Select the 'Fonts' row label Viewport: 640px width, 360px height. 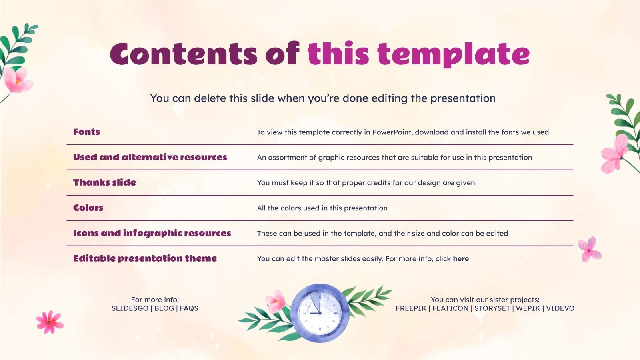[86, 132]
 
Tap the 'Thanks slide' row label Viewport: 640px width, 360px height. [104, 182]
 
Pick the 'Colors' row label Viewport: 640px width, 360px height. [88, 208]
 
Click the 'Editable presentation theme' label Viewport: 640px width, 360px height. [145, 258]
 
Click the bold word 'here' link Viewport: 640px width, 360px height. [461, 259]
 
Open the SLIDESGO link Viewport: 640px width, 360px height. [130, 308]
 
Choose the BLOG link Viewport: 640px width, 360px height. [164, 308]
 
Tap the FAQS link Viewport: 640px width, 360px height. [189, 308]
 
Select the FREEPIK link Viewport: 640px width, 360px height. [411, 308]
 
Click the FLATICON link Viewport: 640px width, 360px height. [450, 308]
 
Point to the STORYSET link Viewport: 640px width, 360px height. [492, 308]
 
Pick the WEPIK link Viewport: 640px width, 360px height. [528, 308]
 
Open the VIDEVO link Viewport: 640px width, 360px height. [560, 308]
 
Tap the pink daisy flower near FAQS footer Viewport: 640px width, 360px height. [49, 322]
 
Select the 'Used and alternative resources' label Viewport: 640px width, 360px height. [150, 157]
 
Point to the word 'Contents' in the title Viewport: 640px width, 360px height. [183, 54]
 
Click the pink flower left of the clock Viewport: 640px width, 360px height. [276, 301]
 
